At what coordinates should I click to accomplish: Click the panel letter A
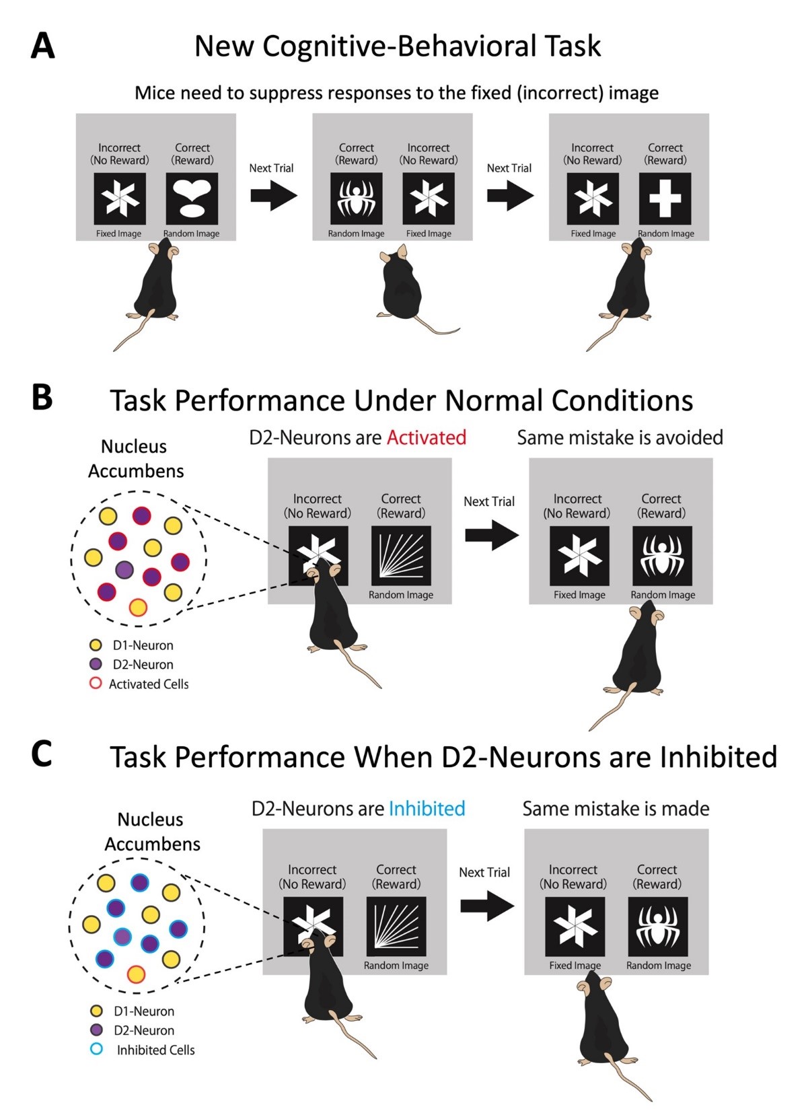point(42,46)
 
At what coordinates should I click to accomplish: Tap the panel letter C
point(41,754)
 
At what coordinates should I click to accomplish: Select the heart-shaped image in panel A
point(192,199)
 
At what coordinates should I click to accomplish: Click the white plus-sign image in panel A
point(665,199)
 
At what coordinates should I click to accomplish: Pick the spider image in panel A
point(356,199)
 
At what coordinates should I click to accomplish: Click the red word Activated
point(426,437)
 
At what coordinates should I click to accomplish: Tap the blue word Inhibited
point(427,808)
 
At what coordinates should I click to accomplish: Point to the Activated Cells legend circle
point(96,684)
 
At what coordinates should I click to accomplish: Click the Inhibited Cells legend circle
point(96,1049)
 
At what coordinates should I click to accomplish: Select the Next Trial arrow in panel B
point(491,535)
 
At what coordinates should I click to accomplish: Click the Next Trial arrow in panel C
point(486,906)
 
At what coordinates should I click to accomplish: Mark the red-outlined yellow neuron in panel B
point(138,607)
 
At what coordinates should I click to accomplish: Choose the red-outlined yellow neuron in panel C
point(136,974)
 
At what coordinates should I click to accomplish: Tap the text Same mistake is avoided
point(620,437)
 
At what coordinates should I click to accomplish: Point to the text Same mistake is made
point(616,808)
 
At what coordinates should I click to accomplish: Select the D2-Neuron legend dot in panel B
point(96,664)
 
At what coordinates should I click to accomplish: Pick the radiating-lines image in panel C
point(396,926)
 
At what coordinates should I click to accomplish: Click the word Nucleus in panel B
point(134,446)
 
